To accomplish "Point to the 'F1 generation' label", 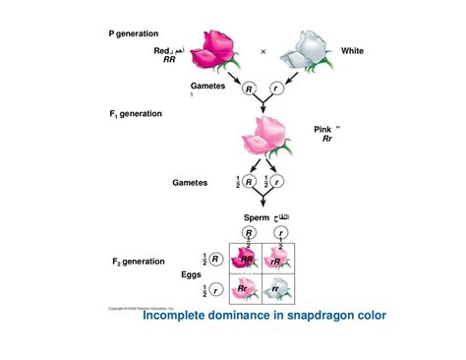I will pyautogui.click(x=136, y=114).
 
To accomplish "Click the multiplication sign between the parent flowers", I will pyautogui.click(x=263, y=51).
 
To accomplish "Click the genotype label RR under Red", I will pyautogui.click(x=169, y=60).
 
